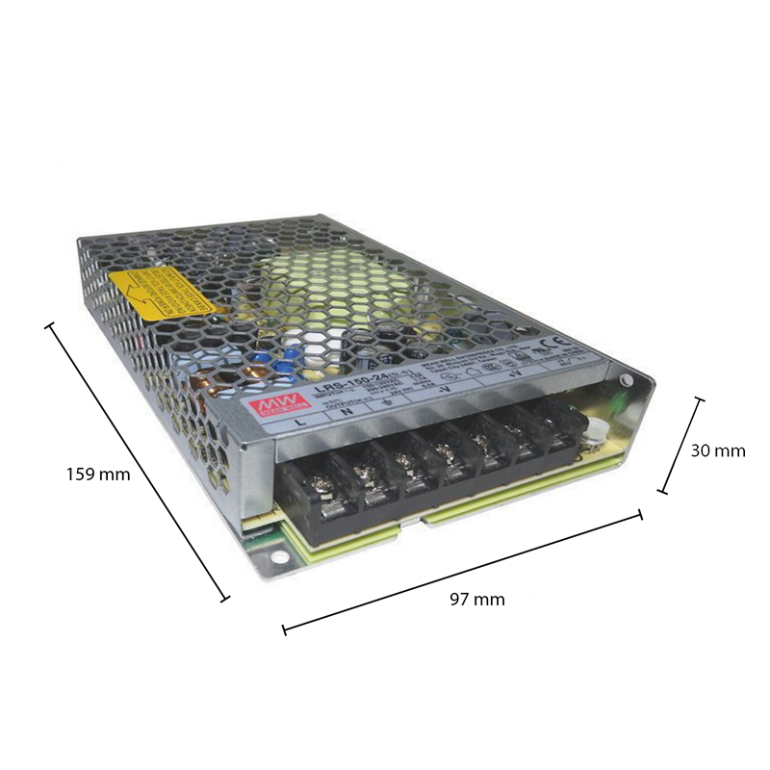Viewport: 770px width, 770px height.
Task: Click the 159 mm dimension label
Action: click(97, 474)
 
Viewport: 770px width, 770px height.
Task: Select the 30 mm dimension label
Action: click(717, 449)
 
